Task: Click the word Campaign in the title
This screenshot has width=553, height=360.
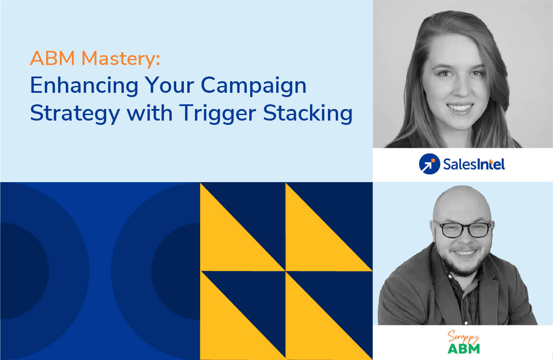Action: (254, 87)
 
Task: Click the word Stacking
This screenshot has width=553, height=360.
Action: (308, 115)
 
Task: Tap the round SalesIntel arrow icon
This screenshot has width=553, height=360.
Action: (429, 164)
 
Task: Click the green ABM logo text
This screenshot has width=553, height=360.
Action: (464, 348)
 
